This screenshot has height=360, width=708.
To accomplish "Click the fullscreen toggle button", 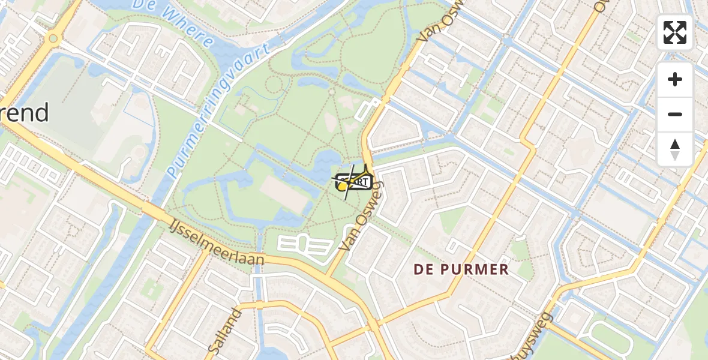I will coord(675,32).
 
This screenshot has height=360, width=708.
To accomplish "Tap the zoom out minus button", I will coord(675,114).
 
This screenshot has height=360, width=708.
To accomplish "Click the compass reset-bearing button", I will coord(675,149).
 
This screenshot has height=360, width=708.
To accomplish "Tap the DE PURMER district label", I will coord(461,269).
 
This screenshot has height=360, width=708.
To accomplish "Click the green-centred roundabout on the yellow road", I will coord(53,39).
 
